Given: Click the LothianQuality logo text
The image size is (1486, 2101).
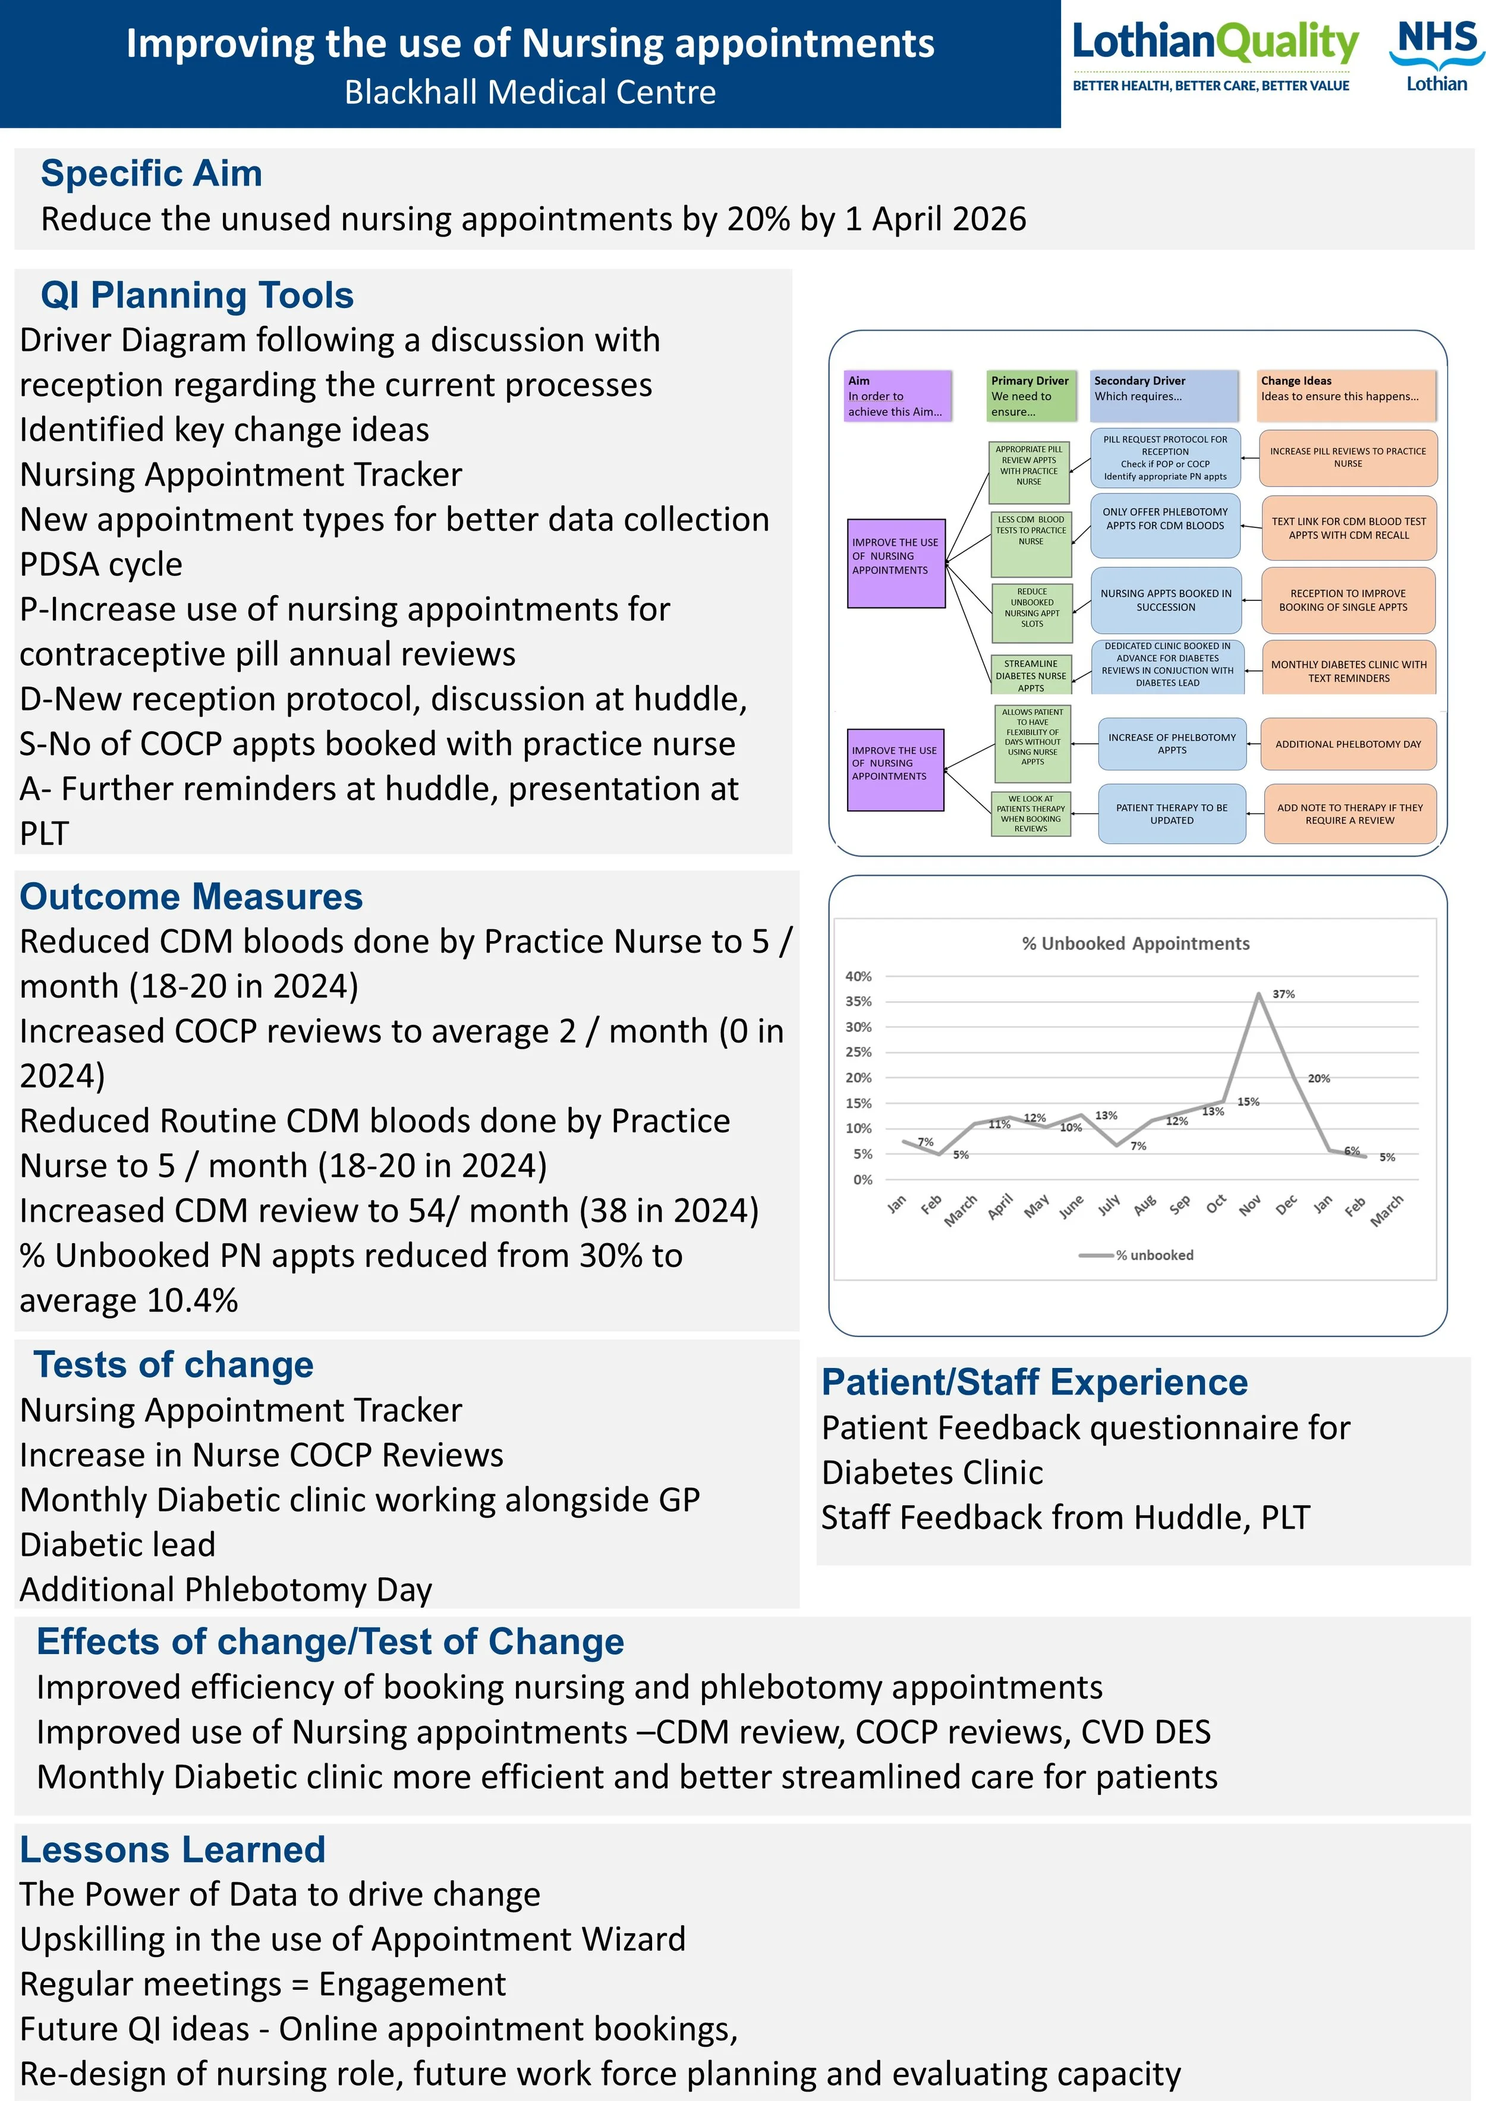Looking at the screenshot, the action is pos(1215,42).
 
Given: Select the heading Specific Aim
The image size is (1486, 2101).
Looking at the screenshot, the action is pos(152,173).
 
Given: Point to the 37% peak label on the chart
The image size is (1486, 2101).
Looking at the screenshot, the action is pos(1284,994).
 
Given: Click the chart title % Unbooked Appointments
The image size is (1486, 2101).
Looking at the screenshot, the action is pos(1135,943).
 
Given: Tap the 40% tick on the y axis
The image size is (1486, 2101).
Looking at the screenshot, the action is pos(858,976).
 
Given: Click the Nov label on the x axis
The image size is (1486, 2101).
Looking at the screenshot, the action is pos(1251,1206).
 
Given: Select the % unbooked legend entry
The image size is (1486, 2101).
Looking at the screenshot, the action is pos(1136,1256).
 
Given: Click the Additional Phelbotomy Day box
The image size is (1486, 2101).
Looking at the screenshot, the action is pos(1349,744).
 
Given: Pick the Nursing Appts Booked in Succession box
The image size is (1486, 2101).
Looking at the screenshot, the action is pos(1166,600).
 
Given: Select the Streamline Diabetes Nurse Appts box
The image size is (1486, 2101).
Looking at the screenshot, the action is pos(1031,675).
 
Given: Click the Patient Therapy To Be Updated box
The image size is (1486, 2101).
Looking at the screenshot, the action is pos(1172,813).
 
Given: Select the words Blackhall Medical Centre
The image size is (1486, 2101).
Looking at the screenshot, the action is pos(531,92).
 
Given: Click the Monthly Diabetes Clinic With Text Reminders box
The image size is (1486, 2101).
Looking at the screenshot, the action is pos(1349,671).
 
